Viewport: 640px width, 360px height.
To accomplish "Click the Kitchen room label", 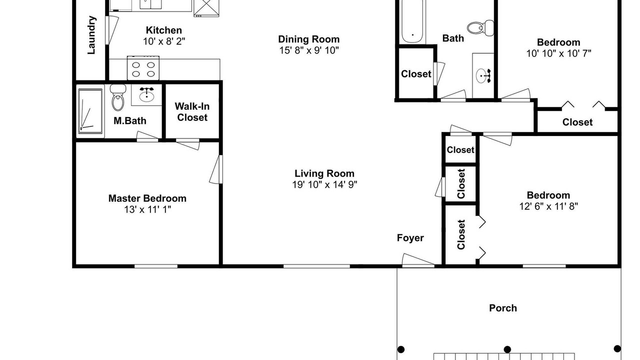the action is [163, 30].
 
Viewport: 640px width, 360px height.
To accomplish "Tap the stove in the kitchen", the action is [143, 68].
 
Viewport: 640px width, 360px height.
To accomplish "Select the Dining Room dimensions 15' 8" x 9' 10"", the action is [309, 50].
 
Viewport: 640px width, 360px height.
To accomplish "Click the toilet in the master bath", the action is [117, 97].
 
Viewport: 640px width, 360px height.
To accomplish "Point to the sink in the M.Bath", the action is [146, 95].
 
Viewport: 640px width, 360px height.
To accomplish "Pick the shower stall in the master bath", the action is [90, 111].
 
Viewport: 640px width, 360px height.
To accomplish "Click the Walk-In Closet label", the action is [192, 112].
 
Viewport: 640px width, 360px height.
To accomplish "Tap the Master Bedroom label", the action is [147, 198].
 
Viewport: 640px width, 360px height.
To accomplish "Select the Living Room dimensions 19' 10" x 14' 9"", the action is [324, 185].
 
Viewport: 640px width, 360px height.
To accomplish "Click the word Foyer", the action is [410, 238].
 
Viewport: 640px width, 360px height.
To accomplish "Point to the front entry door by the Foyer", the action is [418, 260].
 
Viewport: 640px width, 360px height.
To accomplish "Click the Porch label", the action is [503, 308].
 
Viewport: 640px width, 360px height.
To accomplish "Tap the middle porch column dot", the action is [507, 349].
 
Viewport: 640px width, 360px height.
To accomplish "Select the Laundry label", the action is [91, 35].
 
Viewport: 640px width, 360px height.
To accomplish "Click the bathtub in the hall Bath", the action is [412, 21].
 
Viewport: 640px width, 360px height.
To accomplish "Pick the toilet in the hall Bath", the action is [480, 28].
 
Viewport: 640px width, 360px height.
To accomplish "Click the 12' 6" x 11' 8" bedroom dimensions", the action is [548, 206].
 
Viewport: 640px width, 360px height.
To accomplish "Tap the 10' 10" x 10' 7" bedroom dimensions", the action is [559, 53].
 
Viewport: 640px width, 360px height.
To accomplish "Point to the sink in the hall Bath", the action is [483, 75].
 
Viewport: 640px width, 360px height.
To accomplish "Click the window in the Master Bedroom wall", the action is [156, 266].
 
